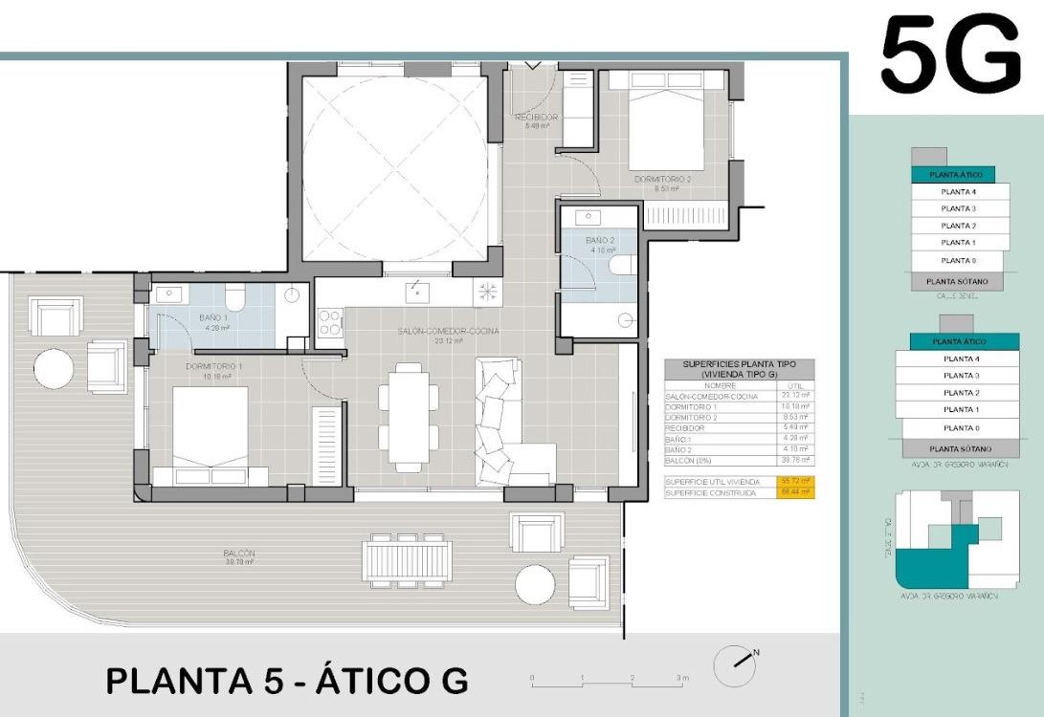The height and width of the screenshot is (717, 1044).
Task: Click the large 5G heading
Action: click(x=950, y=56)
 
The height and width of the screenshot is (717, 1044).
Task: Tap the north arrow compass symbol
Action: click(x=734, y=662)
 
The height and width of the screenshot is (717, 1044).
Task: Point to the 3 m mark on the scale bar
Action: click(x=681, y=677)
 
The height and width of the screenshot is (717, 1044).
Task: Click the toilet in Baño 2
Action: click(x=623, y=265)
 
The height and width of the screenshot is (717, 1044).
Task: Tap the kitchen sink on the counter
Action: click(x=416, y=292)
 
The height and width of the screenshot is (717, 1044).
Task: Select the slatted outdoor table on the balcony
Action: click(x=407, y=559)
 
